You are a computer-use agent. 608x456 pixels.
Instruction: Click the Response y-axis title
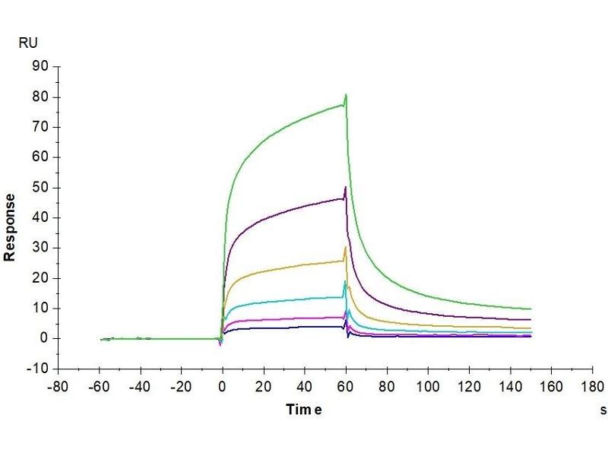(x=10, y=227)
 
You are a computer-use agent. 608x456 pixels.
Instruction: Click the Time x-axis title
(x=304, y=410)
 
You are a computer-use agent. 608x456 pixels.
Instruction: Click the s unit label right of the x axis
(x=603, y=410)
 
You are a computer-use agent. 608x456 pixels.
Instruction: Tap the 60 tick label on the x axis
(x=346, y=386)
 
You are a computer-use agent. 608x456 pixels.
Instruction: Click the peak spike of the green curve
(x=346, y=94)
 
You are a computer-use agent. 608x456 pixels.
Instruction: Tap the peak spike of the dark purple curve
(x=346, y=187)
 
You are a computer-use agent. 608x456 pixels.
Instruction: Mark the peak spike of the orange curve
(x=346, y=247)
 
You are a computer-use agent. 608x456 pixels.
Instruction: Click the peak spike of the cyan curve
(x=345, y=282)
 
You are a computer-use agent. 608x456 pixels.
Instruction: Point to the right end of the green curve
(x=530, y=309)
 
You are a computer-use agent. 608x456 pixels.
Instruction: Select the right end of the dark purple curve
(x=530, y=320)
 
